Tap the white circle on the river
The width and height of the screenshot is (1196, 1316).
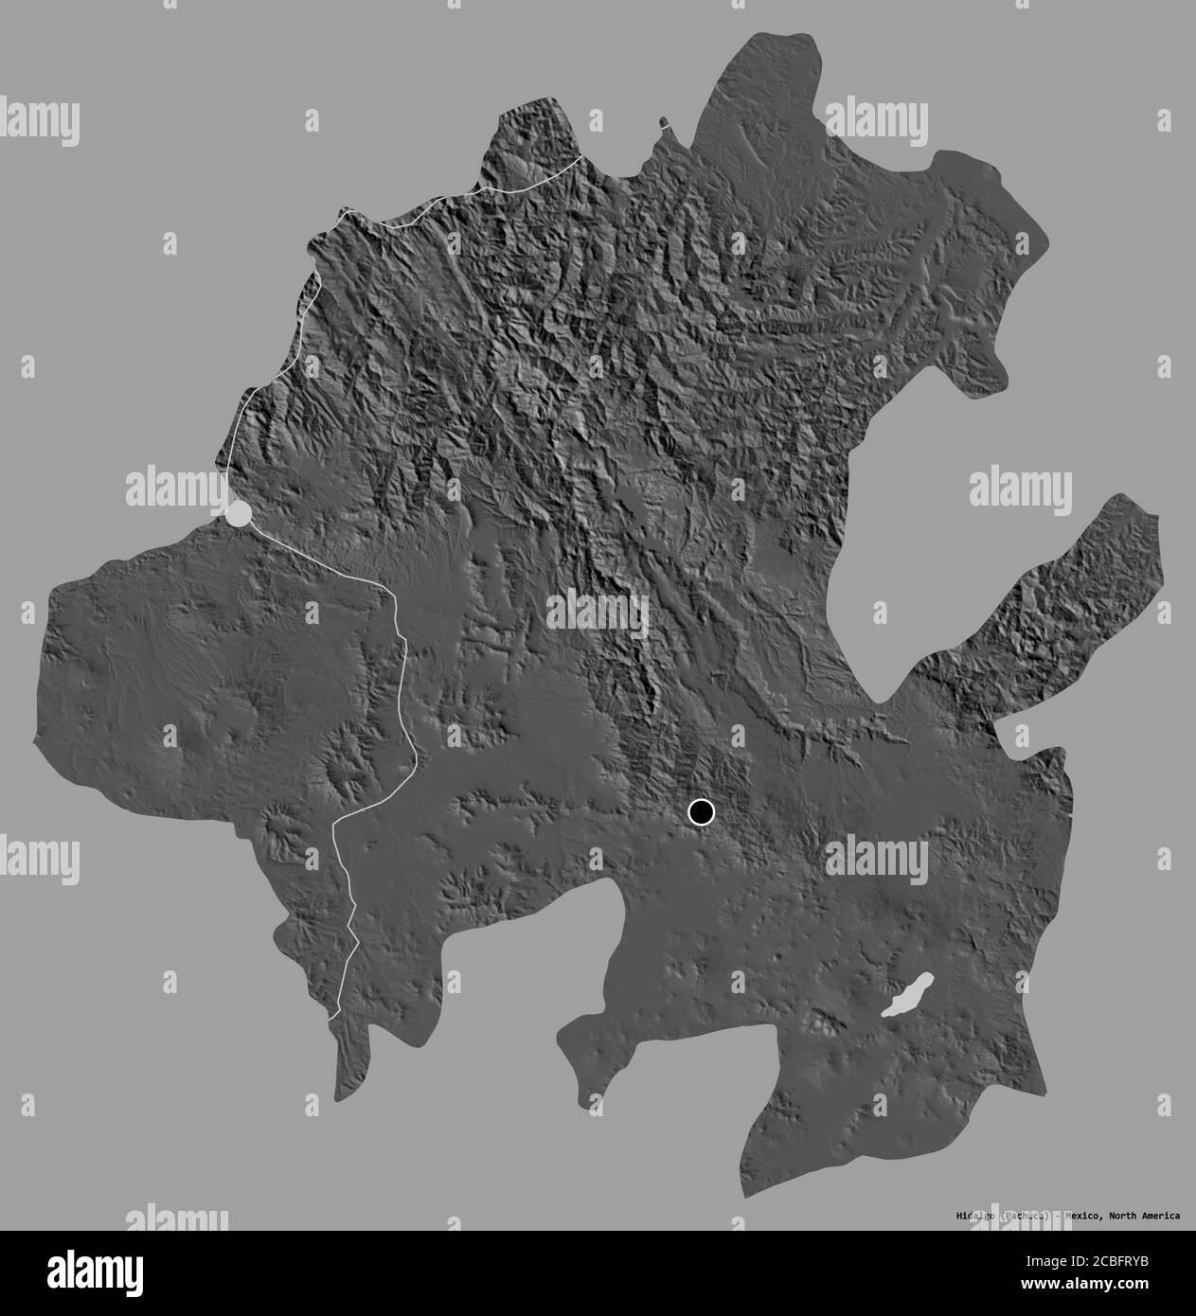pyautogui.click(x=239, y=513)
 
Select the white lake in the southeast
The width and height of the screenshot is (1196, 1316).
pyautogui.click(x=907, y=995)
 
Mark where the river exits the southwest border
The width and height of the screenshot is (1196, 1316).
pyautogui.click(x=334, y=1017)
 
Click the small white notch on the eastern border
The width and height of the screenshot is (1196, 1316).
pyautogui.click(x=1071, y=813)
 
